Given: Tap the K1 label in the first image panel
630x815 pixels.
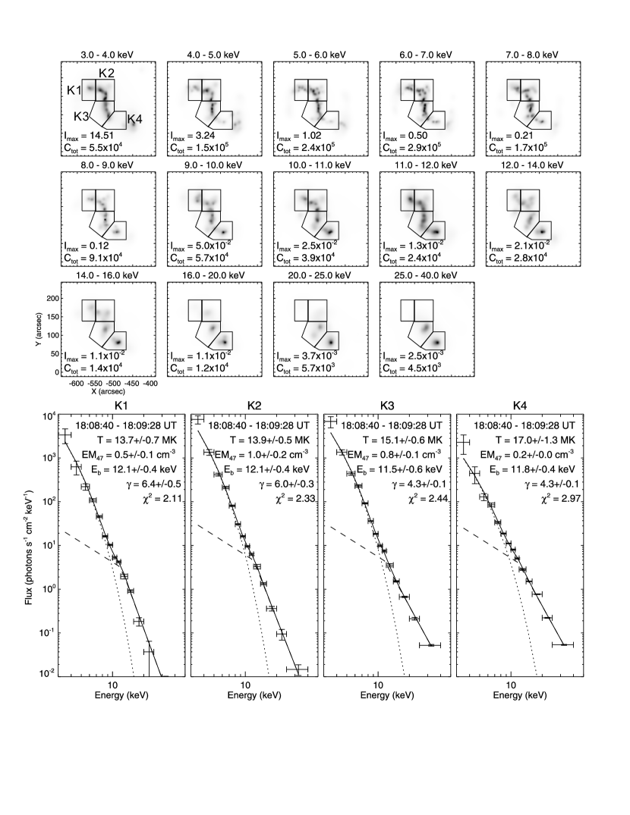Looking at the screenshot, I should tap(74, 91).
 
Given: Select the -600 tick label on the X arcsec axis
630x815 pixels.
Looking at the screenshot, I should tap(74, 384).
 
